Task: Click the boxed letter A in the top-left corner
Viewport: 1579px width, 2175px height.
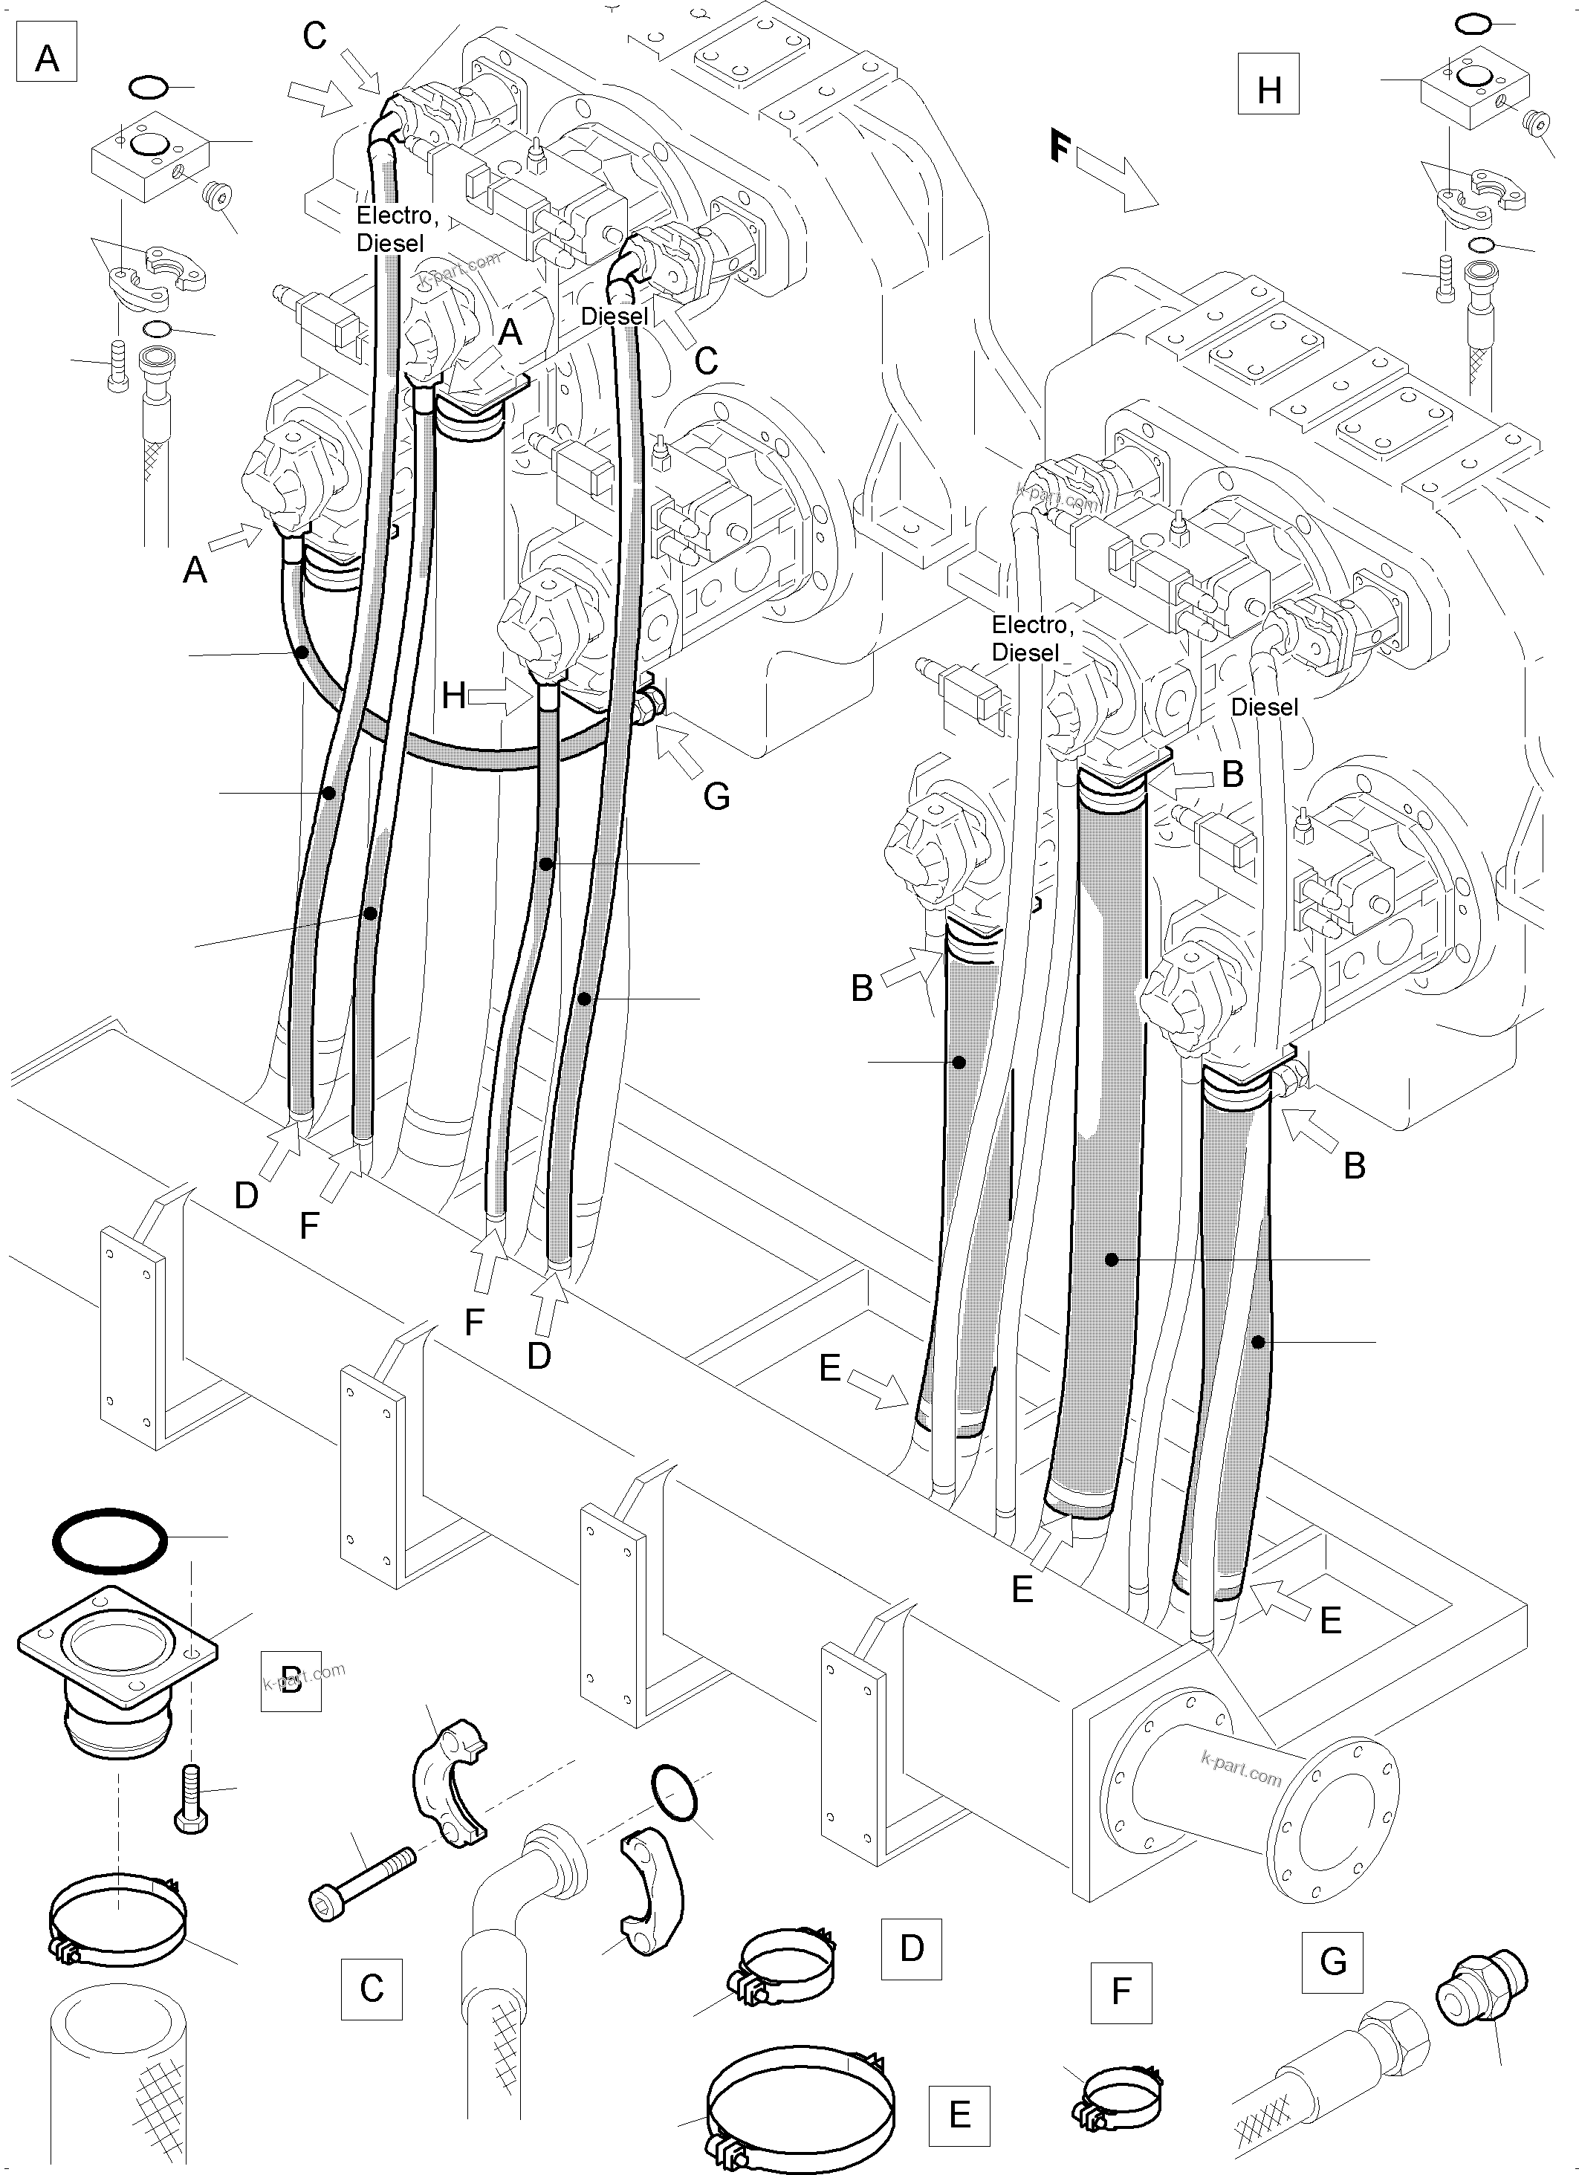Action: (46, 59)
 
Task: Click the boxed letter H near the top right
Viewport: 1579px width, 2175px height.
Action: (1268, 90)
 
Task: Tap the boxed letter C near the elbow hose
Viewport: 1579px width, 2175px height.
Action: (371, 1988)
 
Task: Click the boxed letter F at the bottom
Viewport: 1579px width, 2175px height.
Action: (1121, 1993)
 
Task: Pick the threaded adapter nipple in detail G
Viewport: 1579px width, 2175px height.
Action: (1480, 1986)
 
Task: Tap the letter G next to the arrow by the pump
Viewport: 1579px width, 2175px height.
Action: (716, 795)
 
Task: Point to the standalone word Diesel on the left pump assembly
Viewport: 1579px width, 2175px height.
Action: (615, 316)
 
